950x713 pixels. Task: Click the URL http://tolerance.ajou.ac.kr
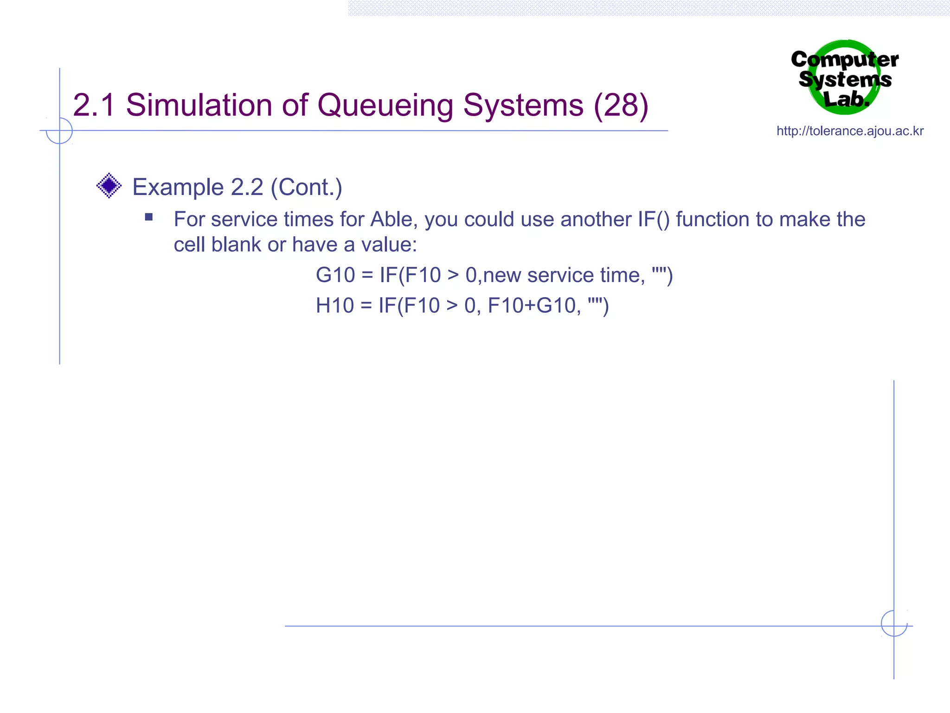pyautogui.click(x=850, y=131)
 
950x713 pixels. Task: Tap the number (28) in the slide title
pyautogui.click(x=621, y=105)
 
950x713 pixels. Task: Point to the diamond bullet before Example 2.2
pyautogui.click(x=109, y=186)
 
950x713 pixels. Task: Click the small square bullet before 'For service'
pyautogui.click(x=149, y=217)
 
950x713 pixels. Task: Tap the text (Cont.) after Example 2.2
pyautogui.click(x=307, y=187)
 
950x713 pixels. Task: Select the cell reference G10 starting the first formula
pyautogui.click(x=335, y=275)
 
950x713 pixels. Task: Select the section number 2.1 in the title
pyautogui.click(x=94, y=105)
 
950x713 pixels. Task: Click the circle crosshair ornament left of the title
pyautogui.click(x=59, y=131)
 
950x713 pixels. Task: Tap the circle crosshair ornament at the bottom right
pyautogui.click(x=894, y=623)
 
